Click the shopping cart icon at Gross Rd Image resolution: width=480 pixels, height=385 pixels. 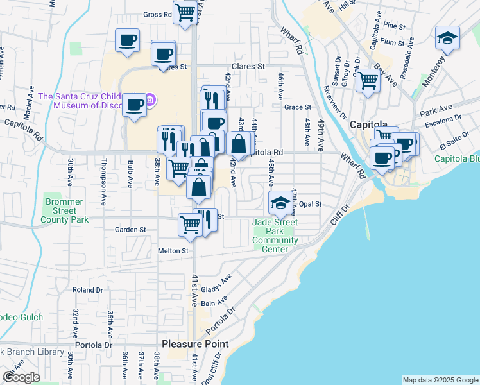185,12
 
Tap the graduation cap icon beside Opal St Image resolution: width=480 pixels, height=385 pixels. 279,203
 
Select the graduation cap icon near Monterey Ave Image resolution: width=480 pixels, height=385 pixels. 447,38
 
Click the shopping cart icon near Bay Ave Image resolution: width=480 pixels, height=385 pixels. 368,81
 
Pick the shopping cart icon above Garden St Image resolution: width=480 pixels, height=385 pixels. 191,225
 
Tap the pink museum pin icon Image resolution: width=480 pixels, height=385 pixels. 150,99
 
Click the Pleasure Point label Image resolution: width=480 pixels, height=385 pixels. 194,344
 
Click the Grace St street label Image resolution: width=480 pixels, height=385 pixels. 297,107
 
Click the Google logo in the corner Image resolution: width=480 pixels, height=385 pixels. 21,377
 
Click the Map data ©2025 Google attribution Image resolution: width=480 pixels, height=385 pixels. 440,380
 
